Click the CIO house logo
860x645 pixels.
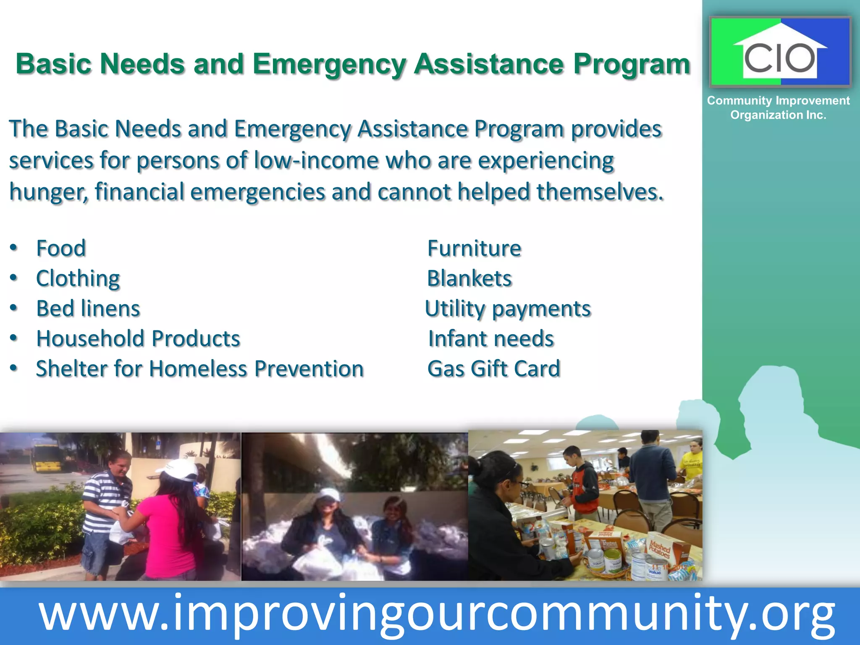click(x=780, y=52)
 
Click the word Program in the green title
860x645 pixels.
click(x=632, y=64)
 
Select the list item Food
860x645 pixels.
click(x=61, y=248)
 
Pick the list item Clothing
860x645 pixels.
click(x=78, y=278)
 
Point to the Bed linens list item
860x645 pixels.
click(x=88, y=309)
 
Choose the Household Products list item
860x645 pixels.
click(x=138, y=338)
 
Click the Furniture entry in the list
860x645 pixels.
click(x=474, y=248)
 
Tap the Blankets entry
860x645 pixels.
click(x=469, y=278)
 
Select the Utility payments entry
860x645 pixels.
click(x=508, y=309)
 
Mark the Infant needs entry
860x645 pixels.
click(x=491, y=338)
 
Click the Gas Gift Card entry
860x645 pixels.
click(x=494, y=369)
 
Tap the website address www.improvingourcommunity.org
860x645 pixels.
click(x=437, y=615)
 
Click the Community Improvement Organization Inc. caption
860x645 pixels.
click(x=778, y=107)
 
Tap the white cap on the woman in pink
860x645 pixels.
click(x=181, y=470)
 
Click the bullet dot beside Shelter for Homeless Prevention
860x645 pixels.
click(x=14, y=369)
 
